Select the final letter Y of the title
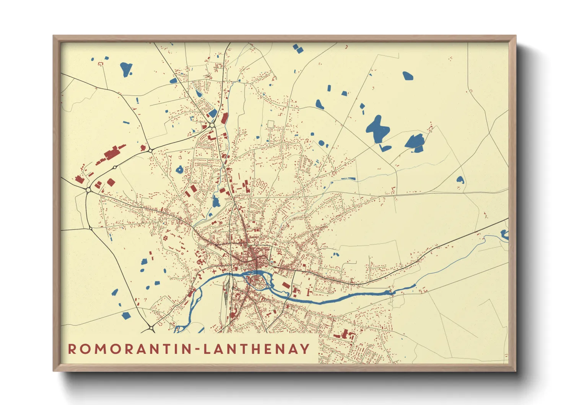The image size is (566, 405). (305, 349)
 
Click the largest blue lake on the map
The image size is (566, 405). (377, 129)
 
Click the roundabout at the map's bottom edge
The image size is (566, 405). (151, 328)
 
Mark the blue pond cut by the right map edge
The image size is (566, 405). (505, 234)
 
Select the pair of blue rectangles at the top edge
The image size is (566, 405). (298, 48)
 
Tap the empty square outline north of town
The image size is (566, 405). (271, 124)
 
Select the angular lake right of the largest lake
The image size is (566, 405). (415, 142)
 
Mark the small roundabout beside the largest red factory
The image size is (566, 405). (114, 167)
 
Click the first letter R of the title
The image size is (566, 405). (72, 349)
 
